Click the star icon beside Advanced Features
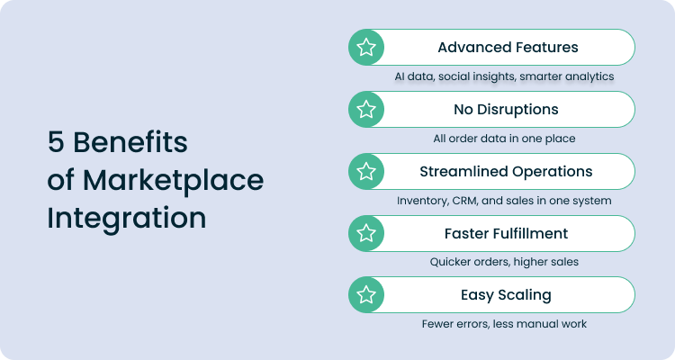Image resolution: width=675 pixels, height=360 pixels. click(x=366, y=48)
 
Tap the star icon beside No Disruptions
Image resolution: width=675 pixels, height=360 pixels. click(x=366, y=110)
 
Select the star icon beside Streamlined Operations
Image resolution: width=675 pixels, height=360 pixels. click(x=366, y=171)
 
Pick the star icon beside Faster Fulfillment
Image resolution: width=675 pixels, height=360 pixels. click(x=366, y=233)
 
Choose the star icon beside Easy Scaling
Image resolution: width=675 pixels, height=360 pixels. click(x=366, y=294)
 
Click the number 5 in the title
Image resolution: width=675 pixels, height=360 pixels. click(x=56, y=142)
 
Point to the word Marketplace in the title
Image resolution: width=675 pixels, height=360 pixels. click(x=173, y=180)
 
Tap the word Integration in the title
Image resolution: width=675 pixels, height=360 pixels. click(x=126, y=219)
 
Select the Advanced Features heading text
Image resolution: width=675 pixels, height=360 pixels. click(x=507, y=48)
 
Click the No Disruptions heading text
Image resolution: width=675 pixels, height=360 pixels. click(x=507, y=110)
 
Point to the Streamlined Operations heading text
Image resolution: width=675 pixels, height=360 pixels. click(x=506, y=171)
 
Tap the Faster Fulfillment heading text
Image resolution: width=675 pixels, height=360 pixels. click(x=506, y=233)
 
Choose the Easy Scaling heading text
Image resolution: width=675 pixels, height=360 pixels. click(x=506, y=294)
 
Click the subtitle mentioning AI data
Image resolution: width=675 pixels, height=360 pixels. click(x=504, y=76)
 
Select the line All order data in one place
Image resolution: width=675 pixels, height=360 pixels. click(x=504, y=139)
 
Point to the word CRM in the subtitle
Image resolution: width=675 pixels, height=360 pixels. click(x=464, y=200)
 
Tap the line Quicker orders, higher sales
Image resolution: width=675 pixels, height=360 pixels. click(x=504, y=262)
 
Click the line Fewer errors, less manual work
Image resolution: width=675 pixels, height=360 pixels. click(x=504, y=323)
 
